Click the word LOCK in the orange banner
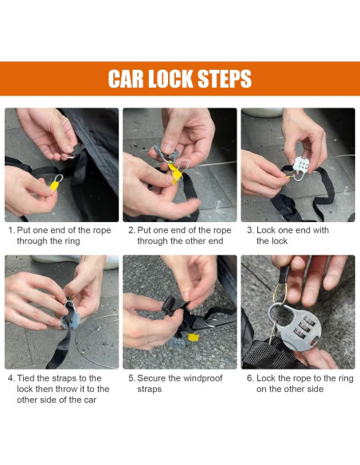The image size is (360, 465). point(170,79)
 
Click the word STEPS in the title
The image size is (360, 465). point(225,79)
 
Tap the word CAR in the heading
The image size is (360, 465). point(126,79)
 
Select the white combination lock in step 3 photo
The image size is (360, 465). point(301,164)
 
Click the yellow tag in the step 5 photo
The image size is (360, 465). point(194,337)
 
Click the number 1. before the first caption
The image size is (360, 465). point(11,230)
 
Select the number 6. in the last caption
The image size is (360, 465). point(250,378)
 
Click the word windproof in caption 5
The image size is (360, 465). point(202,378)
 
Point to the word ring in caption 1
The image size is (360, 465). point(72,241)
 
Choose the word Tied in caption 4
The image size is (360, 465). point(25,378)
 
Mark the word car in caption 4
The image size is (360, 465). point(90,400)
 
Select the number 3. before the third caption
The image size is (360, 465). point(251,230)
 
